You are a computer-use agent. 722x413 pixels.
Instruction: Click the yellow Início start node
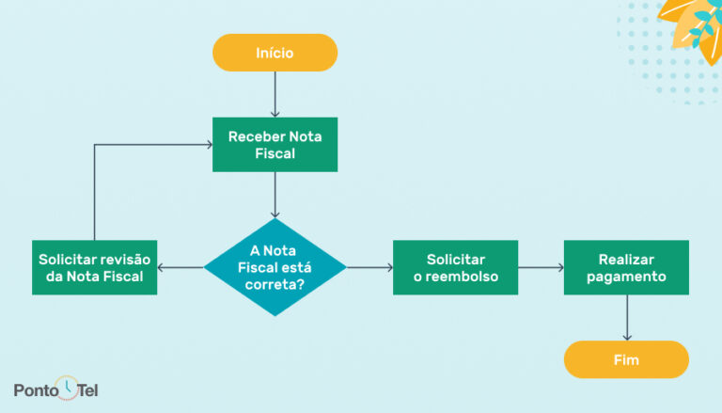tap(275, 53)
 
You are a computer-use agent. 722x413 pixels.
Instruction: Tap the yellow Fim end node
tap(625, 359)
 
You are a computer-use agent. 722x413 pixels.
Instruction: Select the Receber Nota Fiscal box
tap(275, 145)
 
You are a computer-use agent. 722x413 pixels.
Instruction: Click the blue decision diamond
tap(275, 267)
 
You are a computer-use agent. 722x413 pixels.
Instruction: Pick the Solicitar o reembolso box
tap(455, 267)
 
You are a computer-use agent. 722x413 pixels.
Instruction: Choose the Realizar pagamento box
tap(625, 267)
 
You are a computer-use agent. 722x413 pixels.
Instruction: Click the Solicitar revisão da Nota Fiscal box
tap(94, 267)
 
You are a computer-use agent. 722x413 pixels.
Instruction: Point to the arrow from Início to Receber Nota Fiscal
tap(275, 94)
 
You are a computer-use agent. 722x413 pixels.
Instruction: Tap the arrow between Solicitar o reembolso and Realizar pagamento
tap(541, 268)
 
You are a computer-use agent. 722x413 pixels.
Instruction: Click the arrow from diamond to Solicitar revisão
tap(180, 268)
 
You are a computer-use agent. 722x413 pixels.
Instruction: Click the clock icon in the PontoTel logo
tap(68, 387)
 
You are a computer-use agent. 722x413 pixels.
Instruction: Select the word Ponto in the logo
tap(36, 389)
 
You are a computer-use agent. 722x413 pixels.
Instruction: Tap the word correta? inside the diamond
tap(275, 283)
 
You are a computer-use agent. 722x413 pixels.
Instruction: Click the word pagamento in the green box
tap(625, 277)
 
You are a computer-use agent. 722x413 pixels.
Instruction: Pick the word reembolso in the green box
tap(455, 277)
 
